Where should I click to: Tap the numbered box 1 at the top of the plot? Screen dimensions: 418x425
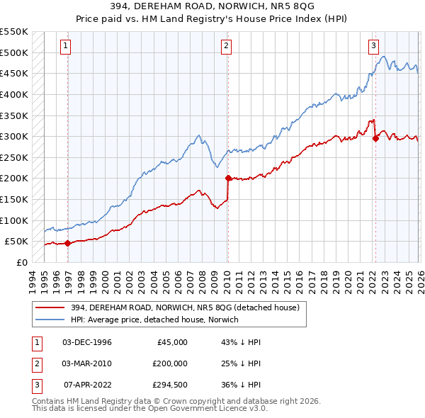coord(65,47)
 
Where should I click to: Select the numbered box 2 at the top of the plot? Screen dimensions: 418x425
coord(226,47)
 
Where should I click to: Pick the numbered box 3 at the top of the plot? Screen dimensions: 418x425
coord(373,47)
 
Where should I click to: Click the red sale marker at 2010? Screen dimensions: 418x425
coord(228,179)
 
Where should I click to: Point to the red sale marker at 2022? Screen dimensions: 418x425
coord(375,139)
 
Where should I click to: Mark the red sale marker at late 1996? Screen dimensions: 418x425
coord(68,243)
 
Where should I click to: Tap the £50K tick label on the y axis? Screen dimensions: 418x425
coord(16,241)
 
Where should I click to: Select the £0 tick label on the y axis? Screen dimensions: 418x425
coord(21,262)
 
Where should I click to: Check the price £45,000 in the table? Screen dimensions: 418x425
coord(171,342)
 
